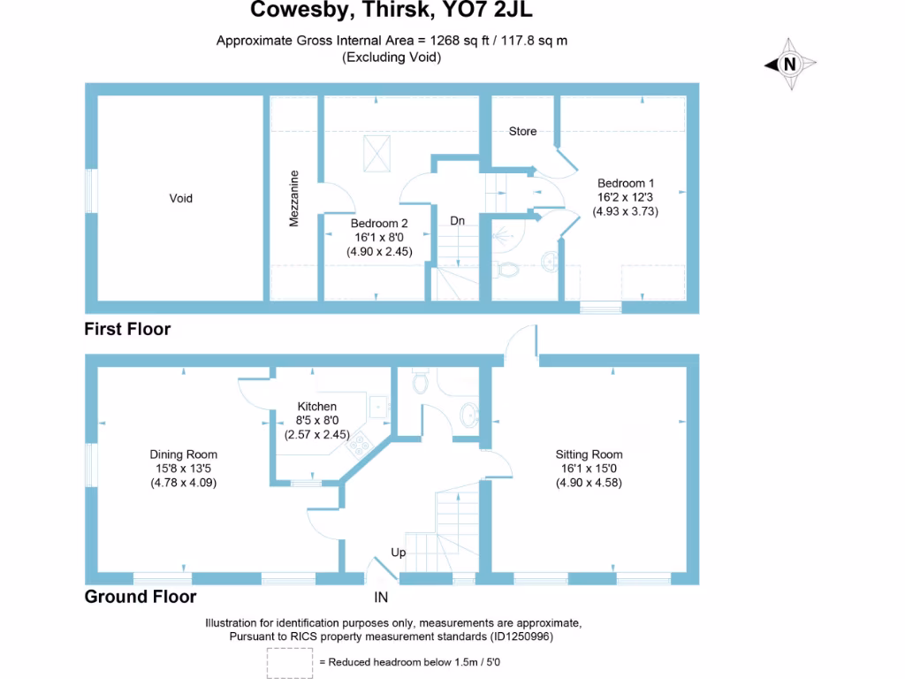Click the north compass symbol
click(790, 64)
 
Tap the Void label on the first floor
click(180, 199)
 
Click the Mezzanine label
click(295, 198)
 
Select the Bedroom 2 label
click(379, 224)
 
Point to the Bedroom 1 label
click(626, 183)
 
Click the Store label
click(522, 132)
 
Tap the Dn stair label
click(457, 221)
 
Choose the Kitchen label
click(316, 407)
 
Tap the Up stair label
click(399, 553)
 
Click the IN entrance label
click(382, 598)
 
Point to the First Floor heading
click(127, 330)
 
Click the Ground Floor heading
click(141, 597)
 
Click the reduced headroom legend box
click(289, 660)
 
